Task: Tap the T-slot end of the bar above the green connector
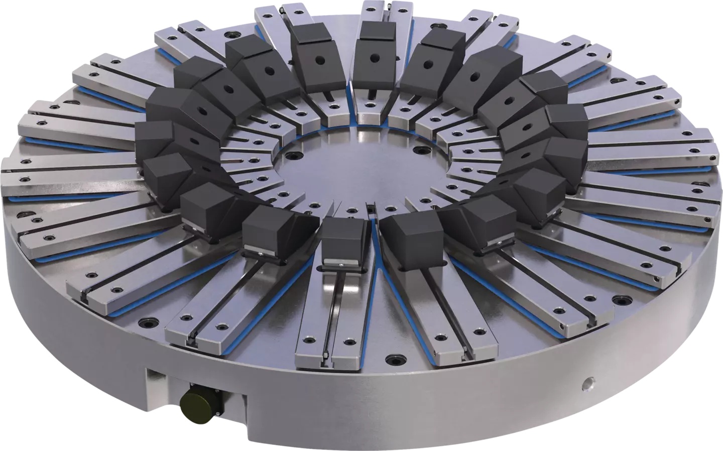pos(192,342)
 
